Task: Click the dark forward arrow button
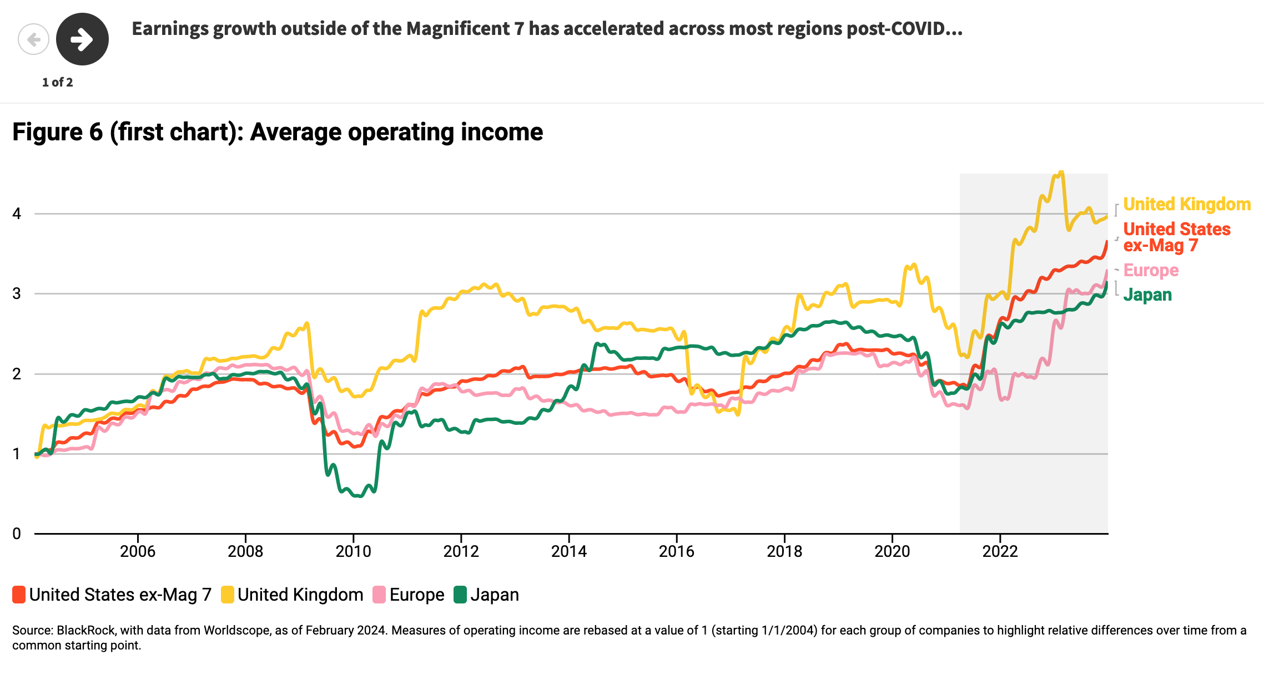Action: [x=82, y=39]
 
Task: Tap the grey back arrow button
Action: [x=33, y=39]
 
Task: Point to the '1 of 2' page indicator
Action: [x=57, y=83]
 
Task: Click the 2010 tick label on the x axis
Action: [x=353, y=551]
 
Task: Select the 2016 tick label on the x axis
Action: [x=676, y=551]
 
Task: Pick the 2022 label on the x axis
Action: [x=1000, y=551]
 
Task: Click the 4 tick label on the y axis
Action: [x=17, y=214]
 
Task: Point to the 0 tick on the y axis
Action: [x=17, y=534]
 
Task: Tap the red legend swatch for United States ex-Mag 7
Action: [x=19, y=595]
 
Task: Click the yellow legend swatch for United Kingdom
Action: [x=227, y=595]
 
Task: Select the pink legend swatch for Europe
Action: [x=379, y=595]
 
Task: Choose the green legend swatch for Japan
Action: [x=460, y=595]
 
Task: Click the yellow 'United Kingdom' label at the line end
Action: [x=1187, y=205]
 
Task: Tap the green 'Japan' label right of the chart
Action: [x=1147, y=295]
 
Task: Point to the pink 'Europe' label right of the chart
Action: [x=1151, y=270]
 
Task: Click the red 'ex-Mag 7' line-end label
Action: [x=1160, y=246]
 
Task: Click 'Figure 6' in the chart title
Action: [x=58, y=133]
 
